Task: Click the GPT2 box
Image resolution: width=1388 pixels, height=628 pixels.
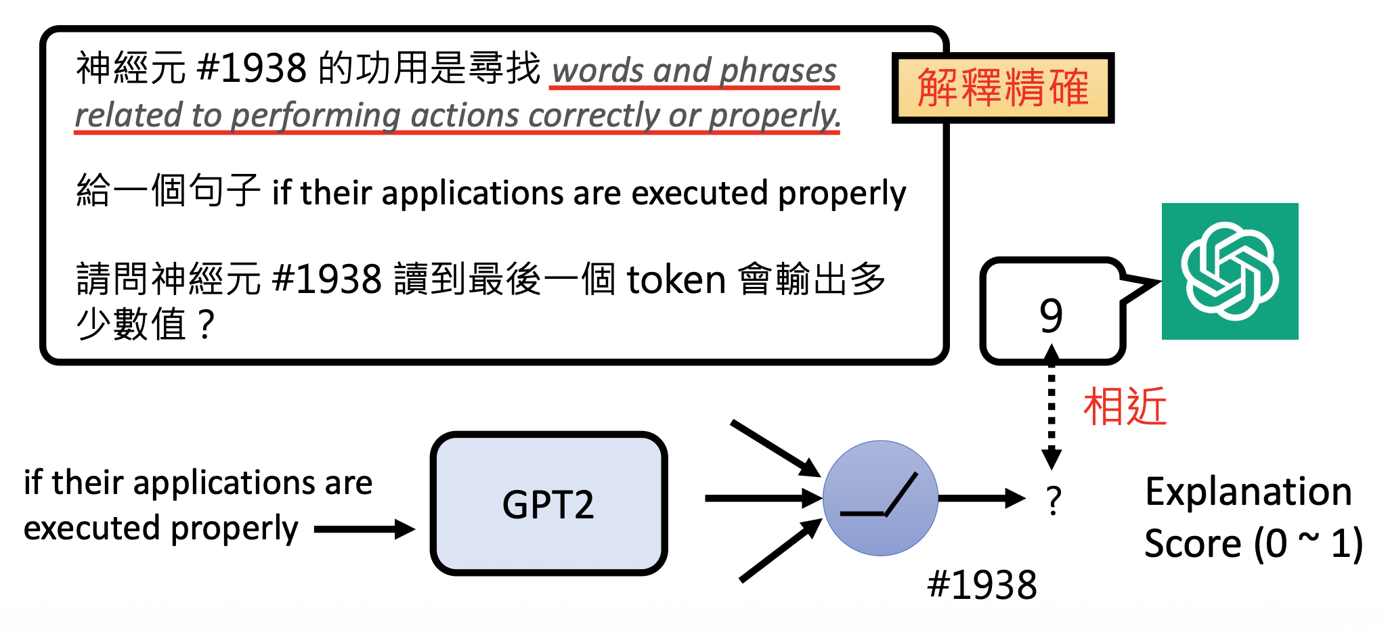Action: coord(548,503)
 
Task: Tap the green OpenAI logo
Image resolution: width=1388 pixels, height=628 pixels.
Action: coord(1230,271)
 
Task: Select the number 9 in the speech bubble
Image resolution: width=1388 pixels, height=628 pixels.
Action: coord(1051,315)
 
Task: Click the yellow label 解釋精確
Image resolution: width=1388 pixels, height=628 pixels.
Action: coord(1003,88)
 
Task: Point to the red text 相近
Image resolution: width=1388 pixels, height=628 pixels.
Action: coord(1125,406)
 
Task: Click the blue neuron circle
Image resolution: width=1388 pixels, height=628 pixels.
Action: coord(880,498)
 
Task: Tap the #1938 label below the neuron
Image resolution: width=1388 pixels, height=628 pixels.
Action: coord(982,585)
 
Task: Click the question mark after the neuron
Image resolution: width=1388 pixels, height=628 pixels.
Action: coord(1053,501)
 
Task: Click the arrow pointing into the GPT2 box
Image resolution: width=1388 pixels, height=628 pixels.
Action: coord(364,529)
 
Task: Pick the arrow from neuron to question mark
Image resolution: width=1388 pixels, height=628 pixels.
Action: coord(981,498)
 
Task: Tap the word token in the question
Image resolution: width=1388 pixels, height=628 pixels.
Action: coord(676,279)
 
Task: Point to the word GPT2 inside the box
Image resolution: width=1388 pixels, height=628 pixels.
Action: coord(548,505)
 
